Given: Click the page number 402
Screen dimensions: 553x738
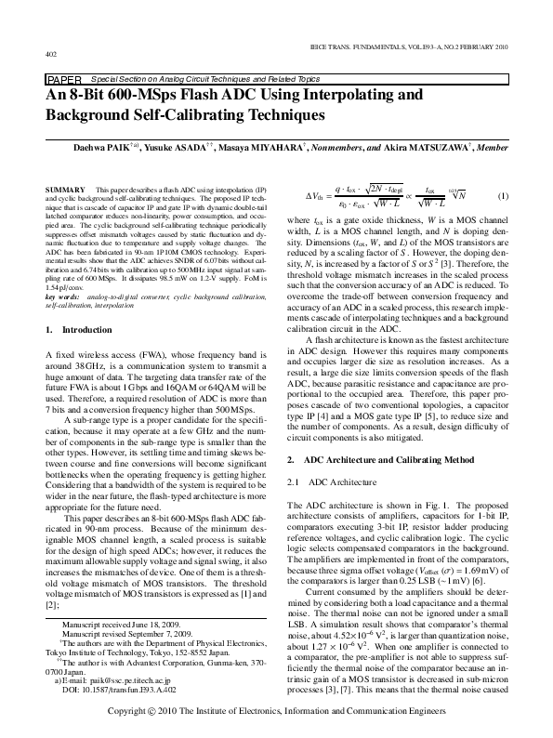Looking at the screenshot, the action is tap(50, 55).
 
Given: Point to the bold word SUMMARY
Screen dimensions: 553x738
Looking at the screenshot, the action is tap(65, 189).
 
